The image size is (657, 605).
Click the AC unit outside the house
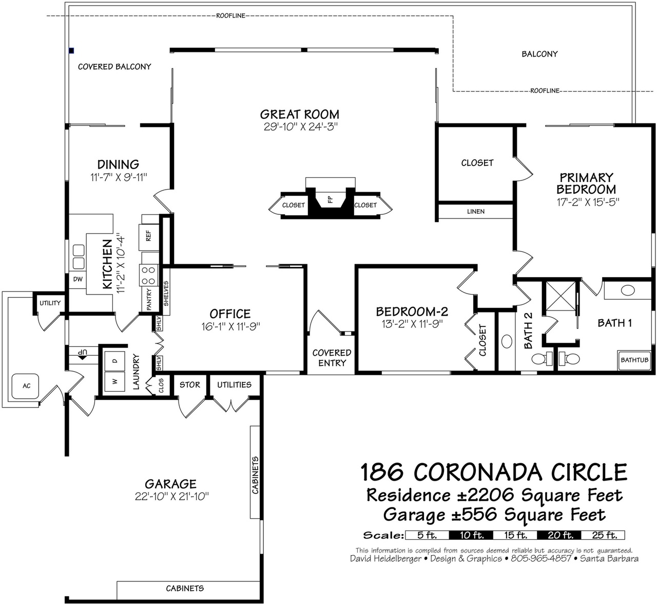(25, 386)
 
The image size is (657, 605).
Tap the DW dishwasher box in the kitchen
(78, 280)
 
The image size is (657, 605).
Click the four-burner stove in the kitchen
(148, 276)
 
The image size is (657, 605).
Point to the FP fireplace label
(330, 199)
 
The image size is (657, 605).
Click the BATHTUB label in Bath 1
(634, 360)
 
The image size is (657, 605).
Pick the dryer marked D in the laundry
(114, 361)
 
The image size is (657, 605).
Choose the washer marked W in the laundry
(114, 381)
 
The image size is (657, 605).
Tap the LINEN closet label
(476, 212)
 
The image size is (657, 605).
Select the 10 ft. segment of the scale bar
(471, 535)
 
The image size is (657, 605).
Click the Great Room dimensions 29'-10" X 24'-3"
(301, 126)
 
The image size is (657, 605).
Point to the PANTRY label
(149, 299)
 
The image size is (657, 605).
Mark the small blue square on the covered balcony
(71, 50)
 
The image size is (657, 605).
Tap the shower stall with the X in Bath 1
(561, 296)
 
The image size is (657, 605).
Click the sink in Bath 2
(507, 341)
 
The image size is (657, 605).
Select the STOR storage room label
(189, 384)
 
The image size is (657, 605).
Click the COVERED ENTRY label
(332, 358)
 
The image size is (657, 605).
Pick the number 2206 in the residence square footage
(488, 495)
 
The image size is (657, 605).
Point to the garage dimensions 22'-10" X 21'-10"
(171, 497)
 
